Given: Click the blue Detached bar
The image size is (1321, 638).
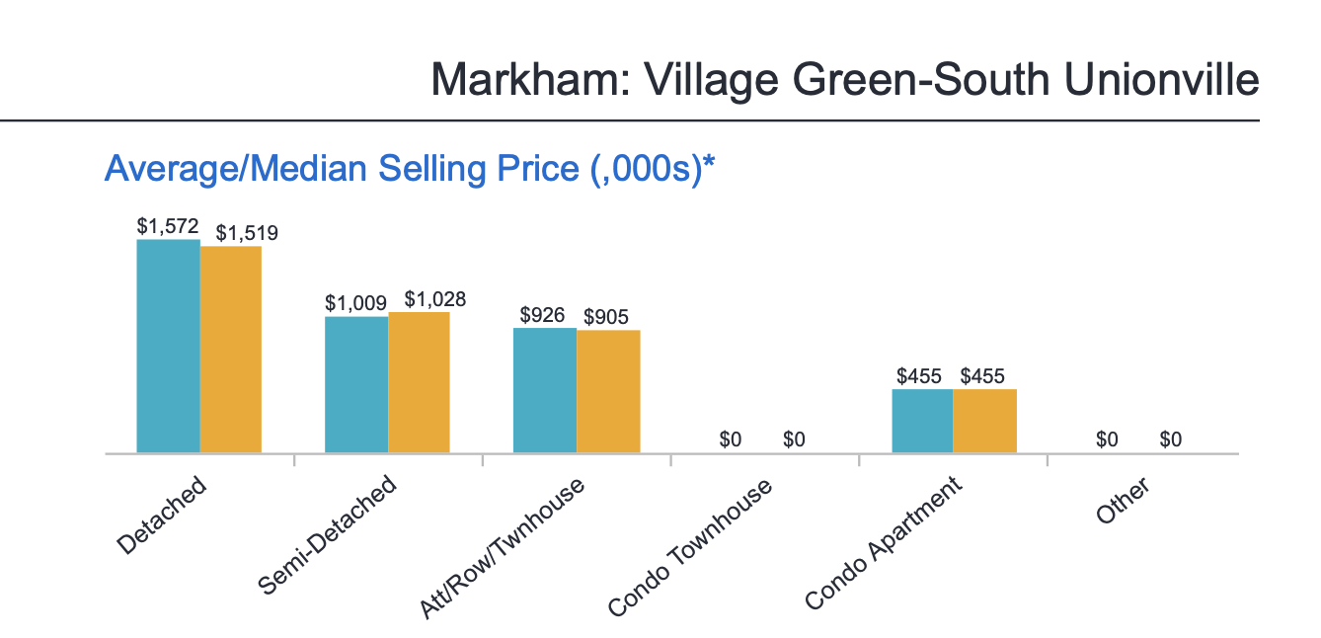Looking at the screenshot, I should click(x=168, y=346).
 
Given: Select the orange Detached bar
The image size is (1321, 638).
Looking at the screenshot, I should click(x=231, y=350).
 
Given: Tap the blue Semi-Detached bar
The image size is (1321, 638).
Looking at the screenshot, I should click(x=356, y=385).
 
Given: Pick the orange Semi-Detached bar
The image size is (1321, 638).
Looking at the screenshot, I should click(x=420, y=383).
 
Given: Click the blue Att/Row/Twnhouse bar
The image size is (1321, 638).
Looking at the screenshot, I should click(x=545, y=390).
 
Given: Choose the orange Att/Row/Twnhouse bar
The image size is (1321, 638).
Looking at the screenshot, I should click(x=608, y=392).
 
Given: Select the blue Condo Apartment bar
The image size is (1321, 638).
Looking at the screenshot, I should click(x=922, y=421).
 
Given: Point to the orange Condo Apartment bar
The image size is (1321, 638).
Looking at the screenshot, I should click(x=985, y=421).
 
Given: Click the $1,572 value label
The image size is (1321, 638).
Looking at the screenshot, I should click(x=168, y=226).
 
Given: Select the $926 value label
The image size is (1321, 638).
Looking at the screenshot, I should click(x=542, y=315).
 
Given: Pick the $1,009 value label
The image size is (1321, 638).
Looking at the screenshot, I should click(x=356, y=303).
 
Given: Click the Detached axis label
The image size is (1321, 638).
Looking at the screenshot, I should click(x=162, y=515).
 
